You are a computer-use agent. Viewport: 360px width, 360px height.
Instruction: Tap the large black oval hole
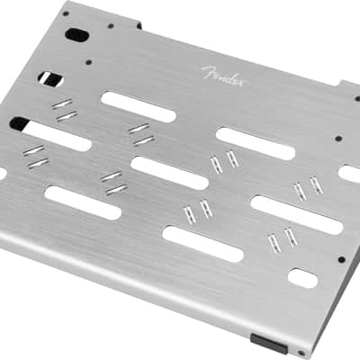tap(76, 34)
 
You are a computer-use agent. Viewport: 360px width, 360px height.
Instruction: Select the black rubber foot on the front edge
tap(268, 343)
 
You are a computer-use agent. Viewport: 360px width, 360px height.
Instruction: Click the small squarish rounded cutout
tap(302, 278)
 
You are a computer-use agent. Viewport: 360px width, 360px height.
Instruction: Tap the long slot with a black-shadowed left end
tap(50, 133)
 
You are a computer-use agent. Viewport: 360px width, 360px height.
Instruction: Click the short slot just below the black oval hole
tap(50, 79)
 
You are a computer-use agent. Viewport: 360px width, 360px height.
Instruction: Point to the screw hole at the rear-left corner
tap(66, 13)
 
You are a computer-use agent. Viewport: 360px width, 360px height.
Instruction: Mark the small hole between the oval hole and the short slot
tap(88, 62)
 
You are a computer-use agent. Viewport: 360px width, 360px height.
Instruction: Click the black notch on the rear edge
tap(139, 25)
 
